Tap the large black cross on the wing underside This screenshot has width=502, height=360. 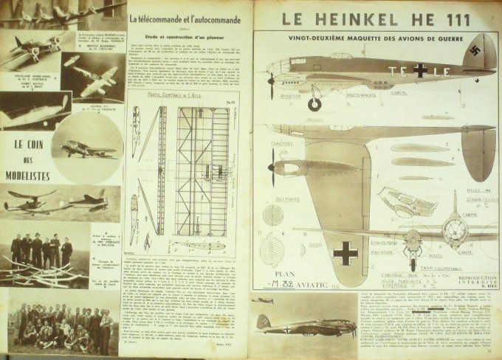345,254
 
